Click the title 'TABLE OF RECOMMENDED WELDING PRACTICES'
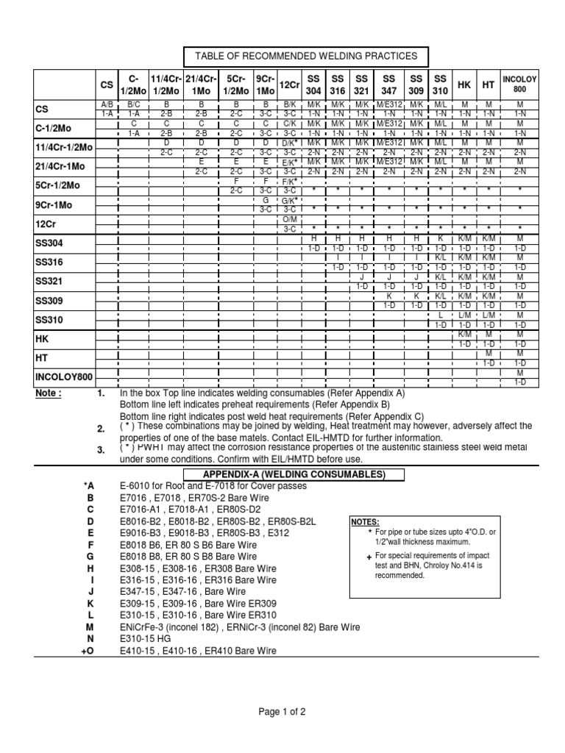coord(305,56)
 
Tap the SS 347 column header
coord(389,85)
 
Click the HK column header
coord(464,85)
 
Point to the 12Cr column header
coord(289,85)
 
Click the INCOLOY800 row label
coord(64,377)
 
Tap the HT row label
coord(42,357)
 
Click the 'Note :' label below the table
coord(49,393)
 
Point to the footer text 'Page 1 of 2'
coord(282,711)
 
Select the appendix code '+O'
coord(89,651)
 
